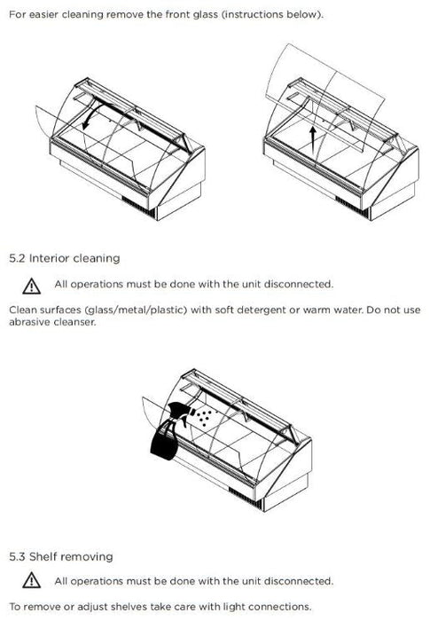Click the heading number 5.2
coord(17,259)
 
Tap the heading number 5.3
coord(17,557)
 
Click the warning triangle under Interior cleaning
coord(31,287)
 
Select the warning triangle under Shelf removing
coord(31,580)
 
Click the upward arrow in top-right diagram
coord(313,140)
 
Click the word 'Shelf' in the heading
coord(43,557)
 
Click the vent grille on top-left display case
coord(138,207)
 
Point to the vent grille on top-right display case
coord(352,207)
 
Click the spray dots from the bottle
coord(203,417)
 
